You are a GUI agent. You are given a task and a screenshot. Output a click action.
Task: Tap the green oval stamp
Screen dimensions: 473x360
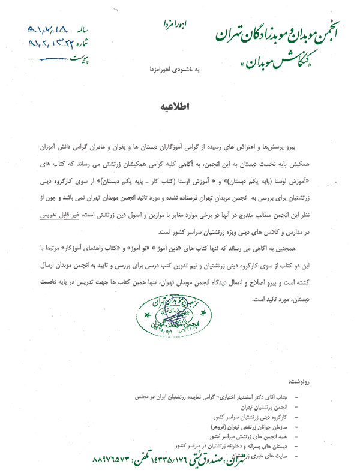(172, 314)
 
